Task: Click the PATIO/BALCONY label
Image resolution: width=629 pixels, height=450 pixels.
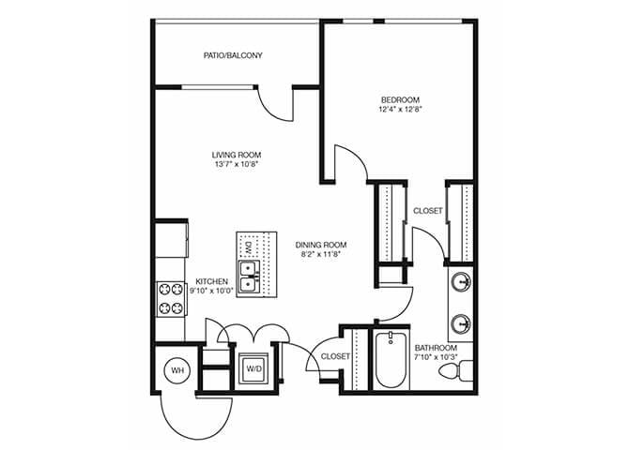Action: pos(233,56)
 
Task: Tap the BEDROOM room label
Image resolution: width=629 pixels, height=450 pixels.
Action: pos(399,100)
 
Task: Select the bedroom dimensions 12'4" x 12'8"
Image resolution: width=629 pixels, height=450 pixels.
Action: pos(399,111)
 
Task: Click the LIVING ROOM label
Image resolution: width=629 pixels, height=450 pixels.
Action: pos(236,155)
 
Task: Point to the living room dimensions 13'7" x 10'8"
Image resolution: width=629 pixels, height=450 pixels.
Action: pos(236,165)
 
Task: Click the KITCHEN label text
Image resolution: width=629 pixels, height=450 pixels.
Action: pos(212,281)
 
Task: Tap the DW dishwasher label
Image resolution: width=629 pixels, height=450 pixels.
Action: pos(248,247)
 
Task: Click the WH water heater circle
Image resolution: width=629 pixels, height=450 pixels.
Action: pos(177,370)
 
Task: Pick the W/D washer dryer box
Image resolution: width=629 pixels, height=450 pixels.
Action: pos(253,368)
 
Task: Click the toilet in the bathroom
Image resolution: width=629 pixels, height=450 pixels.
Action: pos(454,370)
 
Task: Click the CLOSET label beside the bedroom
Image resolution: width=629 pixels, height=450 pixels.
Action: pos(427,211)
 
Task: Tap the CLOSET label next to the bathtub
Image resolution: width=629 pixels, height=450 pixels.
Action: pos(335,356)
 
